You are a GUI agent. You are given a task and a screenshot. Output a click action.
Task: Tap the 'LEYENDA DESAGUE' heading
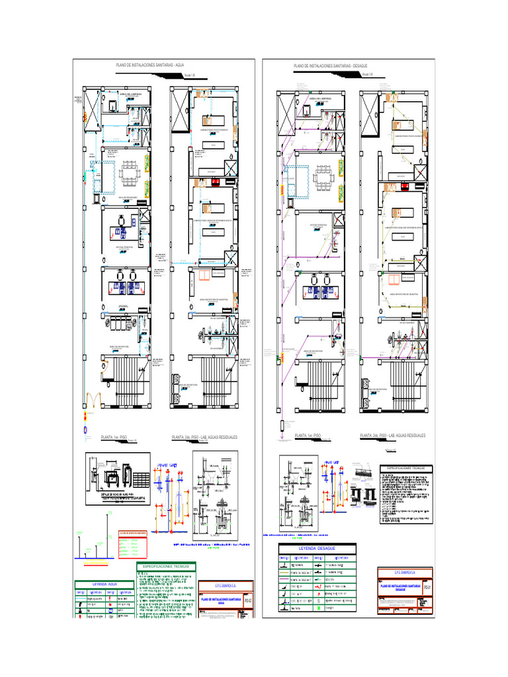pos(317,549)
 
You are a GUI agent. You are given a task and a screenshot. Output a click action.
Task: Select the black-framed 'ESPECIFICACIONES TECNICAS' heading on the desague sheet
pos(406,467)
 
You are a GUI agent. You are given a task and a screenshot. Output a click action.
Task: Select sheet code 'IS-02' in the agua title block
pos(248,600)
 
